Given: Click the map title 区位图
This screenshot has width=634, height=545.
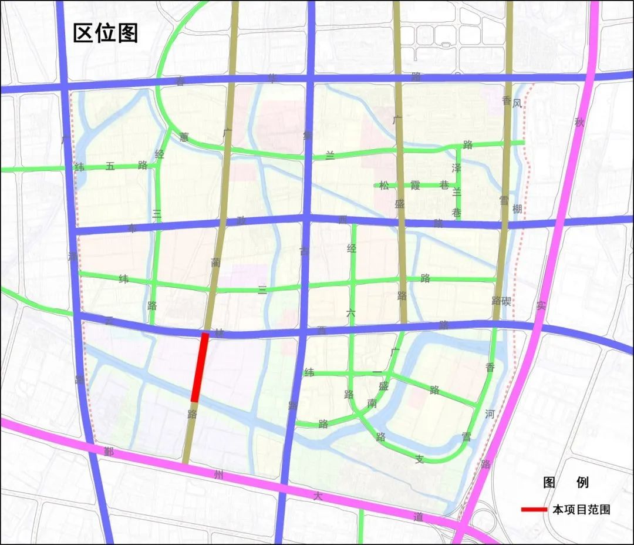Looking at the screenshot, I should tap(105, 33).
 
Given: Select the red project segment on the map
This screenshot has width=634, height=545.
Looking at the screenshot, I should tap(200, 367).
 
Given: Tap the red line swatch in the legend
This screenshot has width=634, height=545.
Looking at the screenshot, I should tap(534, 509).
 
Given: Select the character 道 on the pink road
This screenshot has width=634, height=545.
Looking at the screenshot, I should tap(418, 516).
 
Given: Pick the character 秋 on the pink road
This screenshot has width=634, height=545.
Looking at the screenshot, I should tap(580, 123).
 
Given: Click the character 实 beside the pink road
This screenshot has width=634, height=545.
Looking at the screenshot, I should tap(541, 305).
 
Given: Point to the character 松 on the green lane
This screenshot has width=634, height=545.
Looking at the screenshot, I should tap(384, 186).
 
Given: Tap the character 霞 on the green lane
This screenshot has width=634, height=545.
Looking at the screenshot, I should tap(415, 186).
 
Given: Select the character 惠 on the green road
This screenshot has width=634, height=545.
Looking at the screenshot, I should tap(184, 137).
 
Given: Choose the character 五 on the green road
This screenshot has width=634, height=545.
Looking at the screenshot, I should tap(110, 166).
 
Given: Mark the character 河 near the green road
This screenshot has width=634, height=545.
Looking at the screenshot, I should tap(490, 414).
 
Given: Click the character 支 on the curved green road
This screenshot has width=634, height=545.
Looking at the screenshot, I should tap(419, 459).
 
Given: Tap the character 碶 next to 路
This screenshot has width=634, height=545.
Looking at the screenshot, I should tap(506, 301).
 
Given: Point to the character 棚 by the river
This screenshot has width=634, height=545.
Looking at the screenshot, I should tap(517, 209).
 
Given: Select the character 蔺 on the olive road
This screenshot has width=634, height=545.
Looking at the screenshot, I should tap(216, 263).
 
